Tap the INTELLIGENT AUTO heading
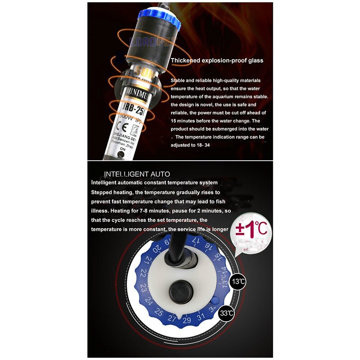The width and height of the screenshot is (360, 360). tap(137, 174)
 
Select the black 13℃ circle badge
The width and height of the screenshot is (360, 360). tap(239, 282)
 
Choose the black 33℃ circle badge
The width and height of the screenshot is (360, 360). tap(226, 313)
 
